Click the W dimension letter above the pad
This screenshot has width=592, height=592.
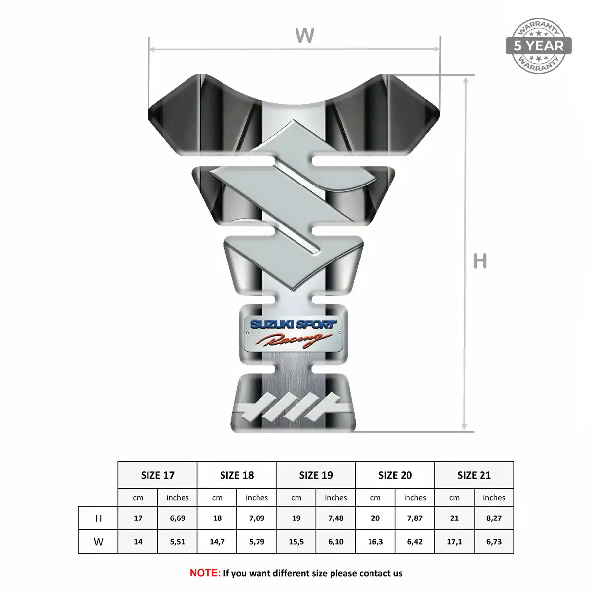304,35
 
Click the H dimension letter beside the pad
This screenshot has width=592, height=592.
480,261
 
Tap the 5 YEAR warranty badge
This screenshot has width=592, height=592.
538,46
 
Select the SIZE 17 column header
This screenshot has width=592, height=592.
157,475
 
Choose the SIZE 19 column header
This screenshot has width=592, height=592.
316,475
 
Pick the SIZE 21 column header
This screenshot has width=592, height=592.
474,475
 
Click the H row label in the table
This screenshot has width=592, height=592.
98,518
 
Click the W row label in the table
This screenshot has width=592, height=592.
98,542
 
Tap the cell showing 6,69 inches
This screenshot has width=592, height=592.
178,518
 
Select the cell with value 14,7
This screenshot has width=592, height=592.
217,542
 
